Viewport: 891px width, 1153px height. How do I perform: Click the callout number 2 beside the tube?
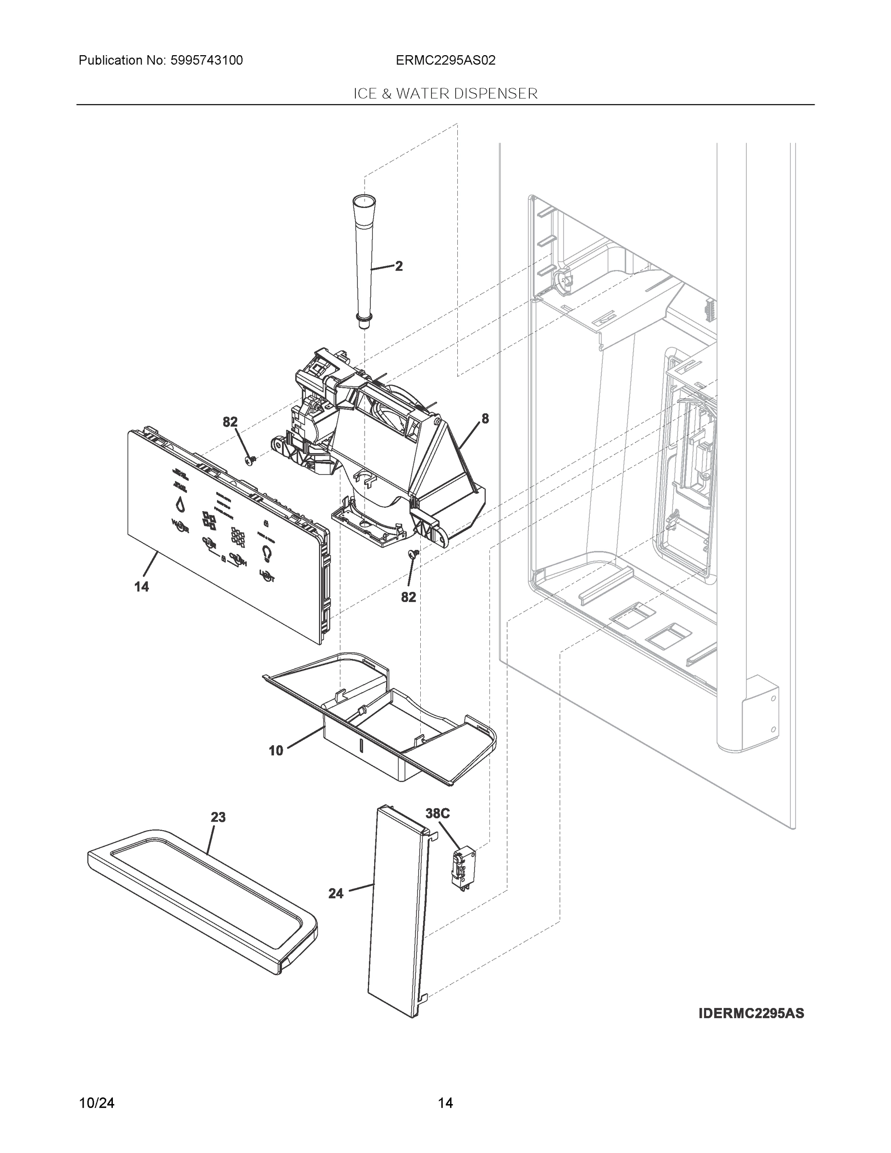tap(399, 266)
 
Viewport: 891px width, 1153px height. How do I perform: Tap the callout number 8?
tap(485, 418)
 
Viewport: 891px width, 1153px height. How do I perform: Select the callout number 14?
tap(142, 587)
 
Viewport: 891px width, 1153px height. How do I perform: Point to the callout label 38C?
tap(438, 813)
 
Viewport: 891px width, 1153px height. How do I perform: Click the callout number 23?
tap(218, 817)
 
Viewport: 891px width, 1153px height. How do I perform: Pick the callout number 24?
tap(336, 894)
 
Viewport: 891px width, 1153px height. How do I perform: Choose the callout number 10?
tap(276, 750)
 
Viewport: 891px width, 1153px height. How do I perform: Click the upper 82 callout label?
tap(230, 422)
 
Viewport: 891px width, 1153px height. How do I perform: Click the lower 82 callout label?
tap(409, 597)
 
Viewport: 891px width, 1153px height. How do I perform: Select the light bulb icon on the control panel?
tap(267, 553)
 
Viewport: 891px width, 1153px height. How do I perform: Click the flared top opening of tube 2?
tap(364, 200)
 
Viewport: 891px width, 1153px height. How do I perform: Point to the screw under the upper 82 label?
tap(251, 461)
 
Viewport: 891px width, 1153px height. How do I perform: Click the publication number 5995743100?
tap(207, 60)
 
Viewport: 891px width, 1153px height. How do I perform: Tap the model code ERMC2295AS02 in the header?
tap(446, 60)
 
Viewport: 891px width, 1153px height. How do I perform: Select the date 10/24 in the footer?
tap(97, 1103)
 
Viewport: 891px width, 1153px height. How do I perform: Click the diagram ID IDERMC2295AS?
tap(751, 1013)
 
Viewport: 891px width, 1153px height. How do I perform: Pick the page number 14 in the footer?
tap(446, 1103)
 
